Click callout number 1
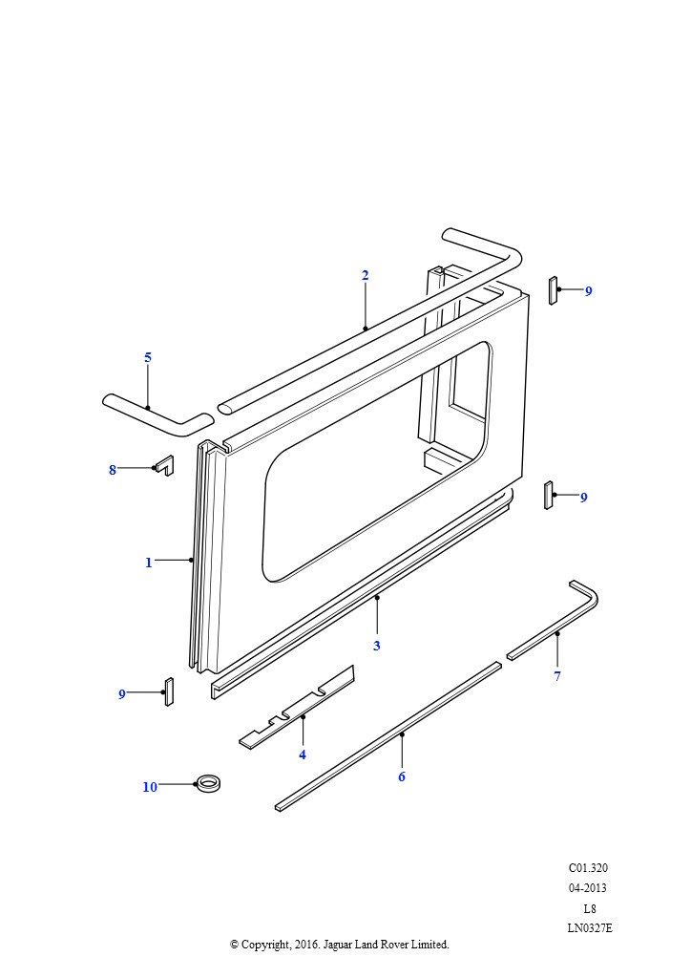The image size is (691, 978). tap(148, 563)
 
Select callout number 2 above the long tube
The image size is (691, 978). tap(366, 275)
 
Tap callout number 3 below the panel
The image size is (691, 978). tap(376, 646)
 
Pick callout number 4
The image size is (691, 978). tap(303, 755)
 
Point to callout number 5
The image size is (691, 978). tap(148, 357)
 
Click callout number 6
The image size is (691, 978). tap(402, 776)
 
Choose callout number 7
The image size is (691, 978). tap(557, 676)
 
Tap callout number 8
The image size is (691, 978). tap(113, 470)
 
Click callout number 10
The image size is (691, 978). tap(150, 787)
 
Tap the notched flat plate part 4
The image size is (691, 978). tap(297, 707)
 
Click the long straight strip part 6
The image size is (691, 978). tap(388, 736)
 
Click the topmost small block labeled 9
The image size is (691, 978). tap(553, 290)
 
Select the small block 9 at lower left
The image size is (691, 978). tap(169, 691)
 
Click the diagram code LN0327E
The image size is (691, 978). tap(590, 928)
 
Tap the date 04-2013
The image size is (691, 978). tap(588, 887)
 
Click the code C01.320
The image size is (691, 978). tap(588, 867)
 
